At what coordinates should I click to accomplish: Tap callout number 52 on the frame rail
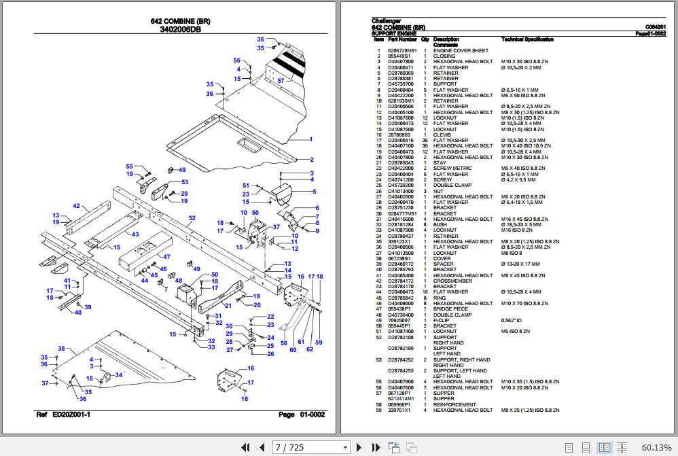[x=192, y=218]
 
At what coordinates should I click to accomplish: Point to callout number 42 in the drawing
[x=76, y=206]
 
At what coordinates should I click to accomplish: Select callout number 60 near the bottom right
[x=293, y=349]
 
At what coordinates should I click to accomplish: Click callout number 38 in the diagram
[x=61, y=349]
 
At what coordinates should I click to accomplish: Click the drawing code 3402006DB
[x=180, y=30]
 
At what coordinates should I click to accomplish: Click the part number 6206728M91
[x=402, y=51]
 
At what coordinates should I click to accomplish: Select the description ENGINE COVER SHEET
[x=461, y=51]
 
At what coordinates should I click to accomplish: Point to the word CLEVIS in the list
[x=442, y=135]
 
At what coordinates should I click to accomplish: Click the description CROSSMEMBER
[x=452, y=281]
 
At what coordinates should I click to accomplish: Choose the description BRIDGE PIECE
[x=450, y=309]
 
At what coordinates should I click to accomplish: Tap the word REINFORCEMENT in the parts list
[x=454, y=404]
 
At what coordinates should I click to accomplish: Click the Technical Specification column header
[x=527, y=39]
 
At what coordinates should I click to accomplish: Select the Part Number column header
[x=402, y=39]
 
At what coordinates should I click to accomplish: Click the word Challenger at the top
[x=387, y=20]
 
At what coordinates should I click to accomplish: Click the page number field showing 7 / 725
[x=309, y=447]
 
